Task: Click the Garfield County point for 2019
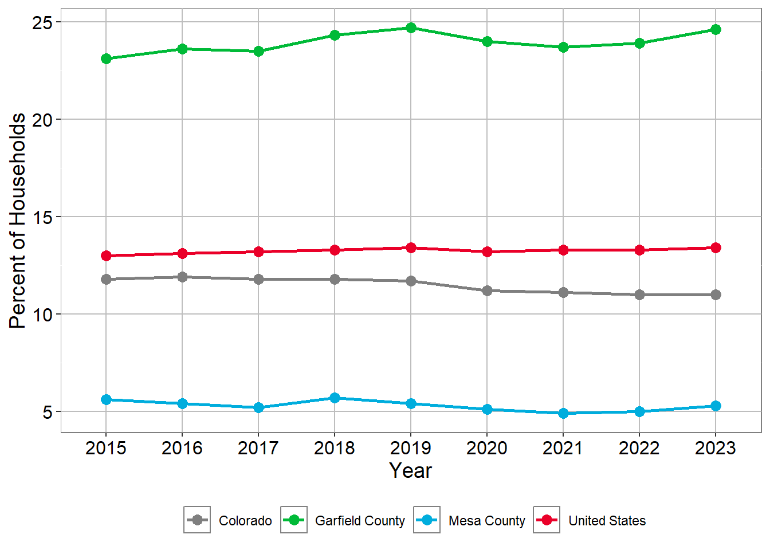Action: tap(411, 27)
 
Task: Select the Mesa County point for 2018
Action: tap(335, 398)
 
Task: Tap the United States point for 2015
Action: tap(106, 256)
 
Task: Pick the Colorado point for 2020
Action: tap(487, 290)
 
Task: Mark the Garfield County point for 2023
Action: tap(716, 29)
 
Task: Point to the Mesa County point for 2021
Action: tap(563, 413)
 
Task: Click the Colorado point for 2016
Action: tap(182, 277)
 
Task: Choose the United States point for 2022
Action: tap(639, 250)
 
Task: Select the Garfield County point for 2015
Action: tap(106, 58)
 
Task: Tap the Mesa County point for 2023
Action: tap(716, 406)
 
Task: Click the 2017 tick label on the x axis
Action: tap(258, 448)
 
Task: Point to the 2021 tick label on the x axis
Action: tap(563, 448)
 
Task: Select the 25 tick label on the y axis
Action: tap(42, 22)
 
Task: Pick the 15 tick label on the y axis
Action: tap(42, 217)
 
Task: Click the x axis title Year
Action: tap(410, 470)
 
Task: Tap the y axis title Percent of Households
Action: tap(18, 221)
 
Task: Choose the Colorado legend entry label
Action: tap(245, 521)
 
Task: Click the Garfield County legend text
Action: tap(360, 521)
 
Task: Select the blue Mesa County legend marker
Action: tap(427, 520)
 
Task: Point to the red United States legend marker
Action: tap(547, 520)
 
